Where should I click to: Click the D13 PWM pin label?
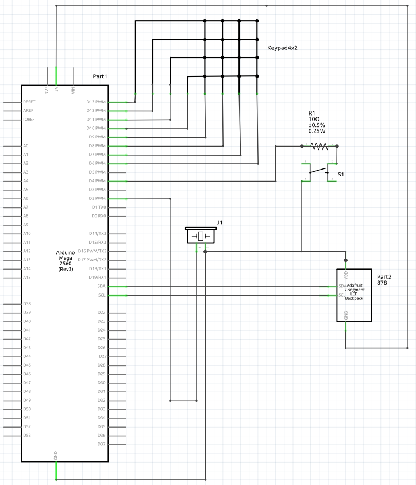coord(97,102)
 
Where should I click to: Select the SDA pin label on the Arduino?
coord(101,286)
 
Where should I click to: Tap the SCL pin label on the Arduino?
coord(102,295)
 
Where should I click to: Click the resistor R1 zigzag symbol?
coord(319,147)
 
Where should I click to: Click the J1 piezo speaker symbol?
coord(201,236)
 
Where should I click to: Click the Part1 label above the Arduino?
coord(100,76)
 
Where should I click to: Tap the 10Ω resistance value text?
coord(315,118)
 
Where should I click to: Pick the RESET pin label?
coord(29,102)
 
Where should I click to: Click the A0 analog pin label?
coord(26,146)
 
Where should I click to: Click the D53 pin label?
coord(27,435)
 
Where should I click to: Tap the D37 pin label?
coord(102,444)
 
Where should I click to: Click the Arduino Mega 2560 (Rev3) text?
coord(65,261)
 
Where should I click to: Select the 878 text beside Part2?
coord(382,283)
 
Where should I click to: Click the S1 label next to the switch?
coord(341,174)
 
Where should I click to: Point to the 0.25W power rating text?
coord(317,131)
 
